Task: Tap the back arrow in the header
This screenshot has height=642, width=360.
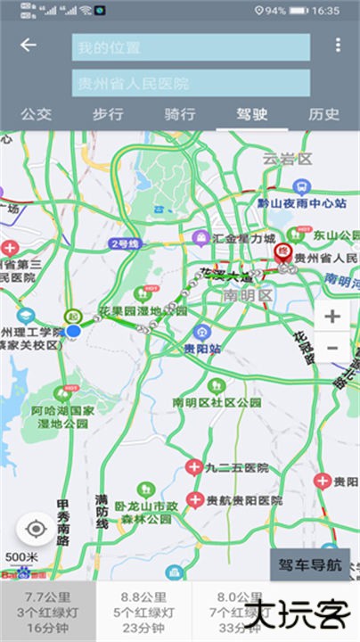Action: [29, 45]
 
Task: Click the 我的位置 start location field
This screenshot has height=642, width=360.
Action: [191, 47]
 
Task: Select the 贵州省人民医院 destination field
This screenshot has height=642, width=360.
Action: [191, 83]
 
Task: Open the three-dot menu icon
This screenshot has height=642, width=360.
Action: [337, 45]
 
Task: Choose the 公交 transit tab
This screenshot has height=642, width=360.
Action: [36, 114]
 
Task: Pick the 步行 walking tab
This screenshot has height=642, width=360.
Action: [108, 114]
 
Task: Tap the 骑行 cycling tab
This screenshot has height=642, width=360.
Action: [180, 114]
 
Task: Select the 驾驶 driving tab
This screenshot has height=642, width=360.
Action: [252, 114]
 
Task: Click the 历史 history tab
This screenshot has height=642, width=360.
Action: [323, 114]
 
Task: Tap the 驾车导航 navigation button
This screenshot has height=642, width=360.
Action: [309, 564]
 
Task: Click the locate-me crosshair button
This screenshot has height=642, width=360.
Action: [37, 530]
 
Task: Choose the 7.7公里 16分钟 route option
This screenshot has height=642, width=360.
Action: [47, 612]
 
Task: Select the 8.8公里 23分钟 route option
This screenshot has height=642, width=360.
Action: [143, 612]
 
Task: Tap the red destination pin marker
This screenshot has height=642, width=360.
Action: [283, 252]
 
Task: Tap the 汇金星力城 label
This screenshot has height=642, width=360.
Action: [243, 239]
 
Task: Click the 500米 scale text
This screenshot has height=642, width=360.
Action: [21, 558]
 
